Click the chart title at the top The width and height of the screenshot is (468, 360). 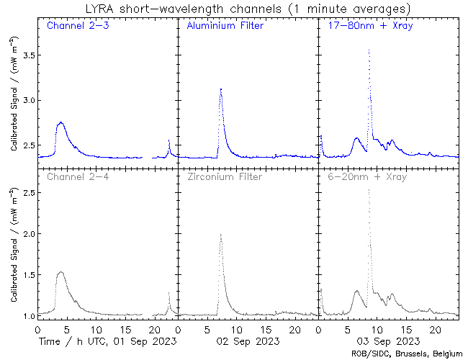coord(233,9)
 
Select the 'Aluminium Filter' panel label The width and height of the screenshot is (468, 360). coord(225,27)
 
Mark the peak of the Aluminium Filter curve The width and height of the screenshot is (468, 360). coord(220,89)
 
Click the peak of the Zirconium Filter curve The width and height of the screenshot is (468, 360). coord(220,235)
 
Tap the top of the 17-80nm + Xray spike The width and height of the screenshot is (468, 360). coord(369,50)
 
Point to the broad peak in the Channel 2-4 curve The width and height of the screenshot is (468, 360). coord(61,272)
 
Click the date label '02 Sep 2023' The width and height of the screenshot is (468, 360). coord(247,340)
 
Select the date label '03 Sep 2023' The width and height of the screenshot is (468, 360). coord(387,340)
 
